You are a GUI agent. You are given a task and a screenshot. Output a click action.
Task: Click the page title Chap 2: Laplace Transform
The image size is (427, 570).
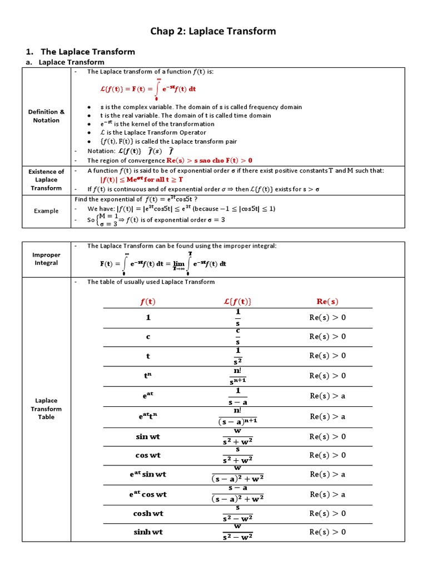click(213, 31)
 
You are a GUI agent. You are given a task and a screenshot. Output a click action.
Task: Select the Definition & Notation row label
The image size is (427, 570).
click(46, 116)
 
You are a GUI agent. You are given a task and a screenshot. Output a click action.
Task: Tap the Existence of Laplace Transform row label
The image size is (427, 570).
click(46, 180)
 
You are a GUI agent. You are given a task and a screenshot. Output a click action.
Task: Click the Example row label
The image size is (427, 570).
click(46, 211)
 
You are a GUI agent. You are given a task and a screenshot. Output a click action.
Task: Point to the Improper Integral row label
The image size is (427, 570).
click(46, 259)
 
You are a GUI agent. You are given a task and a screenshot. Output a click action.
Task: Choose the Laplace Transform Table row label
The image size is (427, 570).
click(46, 409)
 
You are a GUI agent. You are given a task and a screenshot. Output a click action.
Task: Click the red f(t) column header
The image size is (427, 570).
click(148, 302)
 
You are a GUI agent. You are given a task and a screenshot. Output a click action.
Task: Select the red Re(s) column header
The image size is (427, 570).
click(327, 302)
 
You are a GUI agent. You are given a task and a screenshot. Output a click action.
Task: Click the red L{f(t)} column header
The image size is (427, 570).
click(237, 302)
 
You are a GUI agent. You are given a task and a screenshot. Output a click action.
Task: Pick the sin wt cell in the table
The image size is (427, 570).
click(148, 437)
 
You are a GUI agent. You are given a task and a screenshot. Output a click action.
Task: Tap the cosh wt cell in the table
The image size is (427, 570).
click(148, 513)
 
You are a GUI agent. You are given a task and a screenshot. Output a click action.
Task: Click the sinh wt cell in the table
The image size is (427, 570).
click(148, 532)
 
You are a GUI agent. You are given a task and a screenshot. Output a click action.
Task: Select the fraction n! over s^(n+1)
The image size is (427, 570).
click(237, 376)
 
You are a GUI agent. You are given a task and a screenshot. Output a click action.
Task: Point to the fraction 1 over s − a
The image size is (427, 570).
click(237, 396)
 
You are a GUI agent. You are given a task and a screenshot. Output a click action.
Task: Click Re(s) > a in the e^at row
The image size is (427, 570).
click(327, 396)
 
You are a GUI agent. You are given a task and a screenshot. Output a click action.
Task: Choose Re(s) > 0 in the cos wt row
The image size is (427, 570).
click(327, 455)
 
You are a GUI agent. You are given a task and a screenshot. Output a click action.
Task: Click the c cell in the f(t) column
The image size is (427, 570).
click(148, 337)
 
